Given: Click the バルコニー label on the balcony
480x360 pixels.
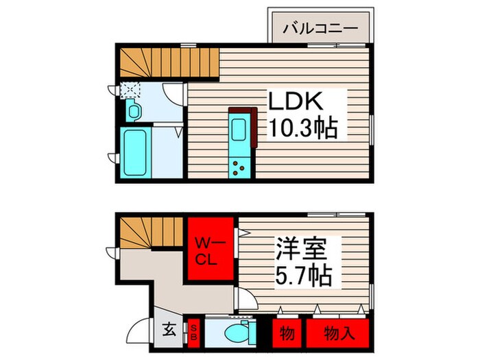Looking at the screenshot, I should [x=320, y=29].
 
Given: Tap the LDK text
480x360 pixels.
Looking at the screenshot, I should [x=299, y=102].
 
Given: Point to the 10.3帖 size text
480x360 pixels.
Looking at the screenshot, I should [x=302, y=128].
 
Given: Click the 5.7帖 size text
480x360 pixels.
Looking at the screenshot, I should [x=304, y=276].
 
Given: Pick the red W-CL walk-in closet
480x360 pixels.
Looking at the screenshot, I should [x=208, y=252].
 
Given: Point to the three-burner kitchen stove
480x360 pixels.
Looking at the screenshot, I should [x=240, y=165].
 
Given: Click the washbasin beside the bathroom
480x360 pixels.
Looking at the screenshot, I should [x=133, y=110].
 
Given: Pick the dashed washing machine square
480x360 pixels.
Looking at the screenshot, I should [x=129, y=89].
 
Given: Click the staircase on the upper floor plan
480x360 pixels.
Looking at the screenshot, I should [x=148, y=63].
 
